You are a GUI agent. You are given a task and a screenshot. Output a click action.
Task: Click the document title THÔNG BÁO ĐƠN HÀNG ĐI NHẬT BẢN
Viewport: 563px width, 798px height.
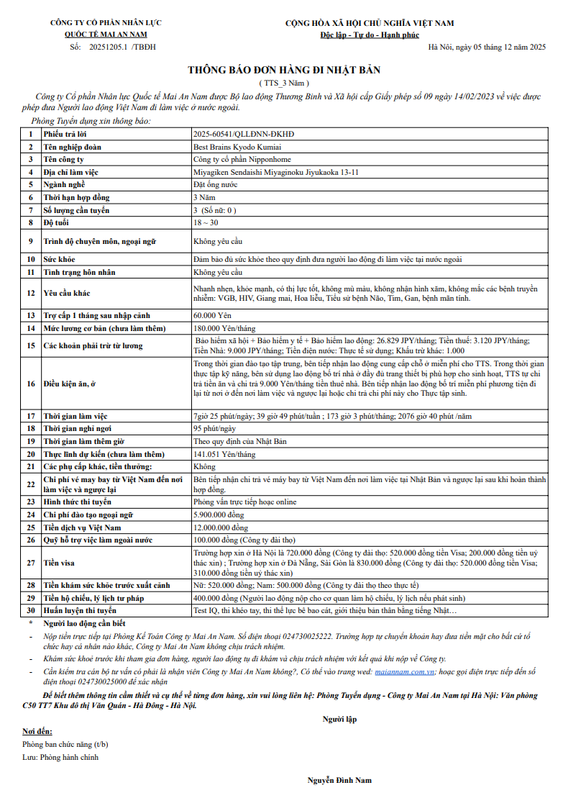point(283,70)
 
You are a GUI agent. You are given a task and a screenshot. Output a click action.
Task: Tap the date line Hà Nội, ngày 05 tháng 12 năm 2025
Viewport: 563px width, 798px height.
point(487,47)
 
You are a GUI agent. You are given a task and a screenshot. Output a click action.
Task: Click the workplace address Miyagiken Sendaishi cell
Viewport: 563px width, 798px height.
point(276,172)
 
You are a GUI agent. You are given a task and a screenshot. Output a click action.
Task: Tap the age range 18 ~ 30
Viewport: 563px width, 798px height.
point(206,223)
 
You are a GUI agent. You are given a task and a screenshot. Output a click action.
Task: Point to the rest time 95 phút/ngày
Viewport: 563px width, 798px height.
point(216,428)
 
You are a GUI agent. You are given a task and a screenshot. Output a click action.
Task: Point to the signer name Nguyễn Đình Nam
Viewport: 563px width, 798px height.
point(339,780)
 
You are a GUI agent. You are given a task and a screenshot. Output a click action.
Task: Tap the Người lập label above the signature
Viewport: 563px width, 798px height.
point(339,719)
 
